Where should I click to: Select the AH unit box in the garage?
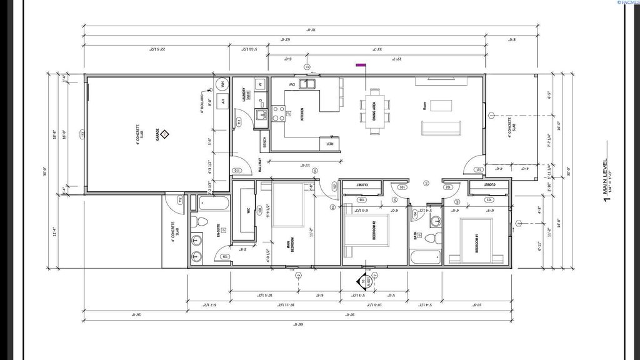[222, 101]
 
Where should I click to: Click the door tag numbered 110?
[237, 171]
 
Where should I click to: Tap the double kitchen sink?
[307, 84]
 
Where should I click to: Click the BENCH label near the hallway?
[265, 143]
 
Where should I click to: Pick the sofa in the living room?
[441, 127]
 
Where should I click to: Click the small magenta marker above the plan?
[360, 64]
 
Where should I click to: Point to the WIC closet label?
[248, 211]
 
